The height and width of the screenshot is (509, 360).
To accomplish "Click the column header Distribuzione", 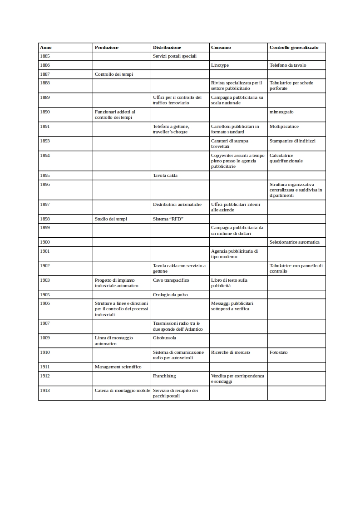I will [x=167, y=48].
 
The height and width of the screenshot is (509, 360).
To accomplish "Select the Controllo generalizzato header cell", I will [x=294, y=48].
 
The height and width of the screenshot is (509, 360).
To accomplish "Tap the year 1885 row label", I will [x=45, y=56].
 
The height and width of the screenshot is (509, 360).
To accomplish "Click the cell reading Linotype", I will [x=220, y=65].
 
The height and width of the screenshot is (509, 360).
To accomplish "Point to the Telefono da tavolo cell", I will [x=288, y=65].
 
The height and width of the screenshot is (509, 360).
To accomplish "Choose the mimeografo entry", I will [x=281, y=112].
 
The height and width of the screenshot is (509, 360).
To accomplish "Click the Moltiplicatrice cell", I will [x=284, y=126].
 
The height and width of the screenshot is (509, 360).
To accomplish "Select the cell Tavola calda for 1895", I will [x=165, y=176].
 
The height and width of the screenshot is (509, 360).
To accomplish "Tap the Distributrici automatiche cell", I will [x=177, y=205].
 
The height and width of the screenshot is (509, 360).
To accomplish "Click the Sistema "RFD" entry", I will [x=168, y=219].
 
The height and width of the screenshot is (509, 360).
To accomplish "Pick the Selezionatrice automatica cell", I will [x=295, y=242].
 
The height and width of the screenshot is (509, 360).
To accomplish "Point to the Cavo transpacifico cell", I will [x=171, y=280].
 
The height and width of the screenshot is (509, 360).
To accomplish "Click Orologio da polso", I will [x=170, y=295].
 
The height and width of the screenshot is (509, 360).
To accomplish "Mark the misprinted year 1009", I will [x=45, y=338].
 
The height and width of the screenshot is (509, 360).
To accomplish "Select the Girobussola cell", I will [x=164, y=338].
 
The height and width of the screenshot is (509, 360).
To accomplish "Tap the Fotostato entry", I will [x=279, y=352].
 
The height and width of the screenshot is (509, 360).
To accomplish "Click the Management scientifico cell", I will [x=118, y=367].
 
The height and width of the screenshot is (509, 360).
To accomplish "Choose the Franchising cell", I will [x=164, y=376].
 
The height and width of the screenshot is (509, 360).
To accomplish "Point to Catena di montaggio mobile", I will [x=122, y=391].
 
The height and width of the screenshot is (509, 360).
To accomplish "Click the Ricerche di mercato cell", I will [x=231, y=352].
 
